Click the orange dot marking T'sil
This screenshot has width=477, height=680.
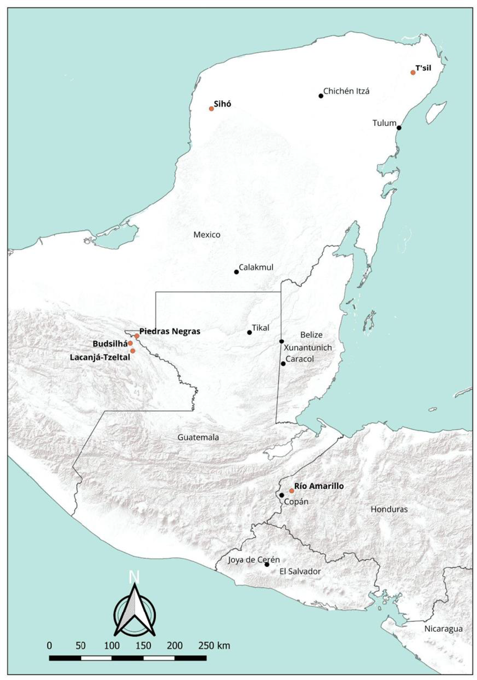(413, 73)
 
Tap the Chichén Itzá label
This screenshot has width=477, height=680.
(346, 91)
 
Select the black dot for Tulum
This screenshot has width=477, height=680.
(399, 128)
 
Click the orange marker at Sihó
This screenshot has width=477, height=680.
(211, 109)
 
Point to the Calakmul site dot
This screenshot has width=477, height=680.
(236, 272)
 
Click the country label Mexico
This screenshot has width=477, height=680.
(207, 234)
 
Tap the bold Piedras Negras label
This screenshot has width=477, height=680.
(170, 331)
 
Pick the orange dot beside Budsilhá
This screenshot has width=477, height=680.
(131, 343)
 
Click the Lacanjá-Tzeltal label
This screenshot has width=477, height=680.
(100, 357)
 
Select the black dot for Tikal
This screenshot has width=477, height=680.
(250, 333)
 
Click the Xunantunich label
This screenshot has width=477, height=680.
(308, 348)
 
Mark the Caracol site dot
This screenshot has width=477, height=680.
(283, 363)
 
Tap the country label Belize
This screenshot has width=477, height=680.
(311, 335)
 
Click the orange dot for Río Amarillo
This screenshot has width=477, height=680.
(292, 491)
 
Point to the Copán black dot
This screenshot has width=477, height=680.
(282, 495)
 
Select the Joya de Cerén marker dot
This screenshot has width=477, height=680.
(267, 565)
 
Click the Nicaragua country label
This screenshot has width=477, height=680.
(443, 629)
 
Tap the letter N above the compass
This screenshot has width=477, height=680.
(134, 577)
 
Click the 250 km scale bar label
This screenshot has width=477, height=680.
(214, 646)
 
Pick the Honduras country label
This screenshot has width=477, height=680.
(389, 509)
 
